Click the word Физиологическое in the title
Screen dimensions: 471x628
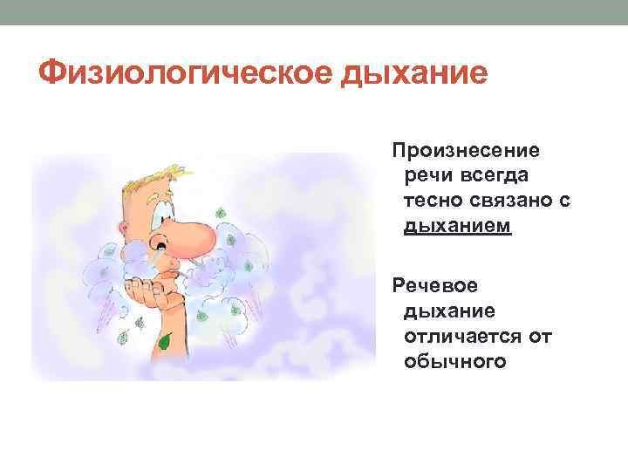[181, 74]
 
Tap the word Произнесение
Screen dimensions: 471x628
[466, 150]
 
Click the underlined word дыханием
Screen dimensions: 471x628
[457, 227]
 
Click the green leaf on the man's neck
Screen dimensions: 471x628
[163, 342]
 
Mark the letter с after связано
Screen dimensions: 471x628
[563, 201]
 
